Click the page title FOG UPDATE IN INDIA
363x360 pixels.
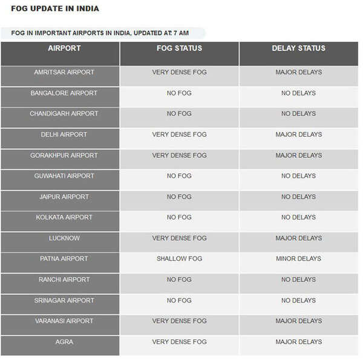pos(55,9)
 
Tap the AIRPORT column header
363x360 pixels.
pos(64,48)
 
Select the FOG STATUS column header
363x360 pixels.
pos(179,48)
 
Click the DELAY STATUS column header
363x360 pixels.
pos(298,48)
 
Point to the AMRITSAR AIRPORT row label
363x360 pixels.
pos(64,72)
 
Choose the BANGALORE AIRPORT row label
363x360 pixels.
pos(64,93)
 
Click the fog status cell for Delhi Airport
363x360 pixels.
pos(179,134)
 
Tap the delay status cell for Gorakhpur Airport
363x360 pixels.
pos(298,155)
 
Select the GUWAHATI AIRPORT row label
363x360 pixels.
pos(64,176)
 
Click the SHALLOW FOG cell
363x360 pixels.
pos(179,259)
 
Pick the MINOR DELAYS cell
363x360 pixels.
pos(298,259)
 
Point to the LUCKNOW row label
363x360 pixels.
pos(64,238)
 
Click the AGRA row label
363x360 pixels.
pos(64,342)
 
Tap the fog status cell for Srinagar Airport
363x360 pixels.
pos(179,301)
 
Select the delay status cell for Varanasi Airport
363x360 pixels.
pos(298,321)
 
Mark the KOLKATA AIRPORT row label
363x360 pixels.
pos(64,217)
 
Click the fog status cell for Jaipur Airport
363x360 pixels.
pos(179,197)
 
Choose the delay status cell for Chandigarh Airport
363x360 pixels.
pos(298,114)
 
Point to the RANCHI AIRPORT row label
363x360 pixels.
pos(64,280)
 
